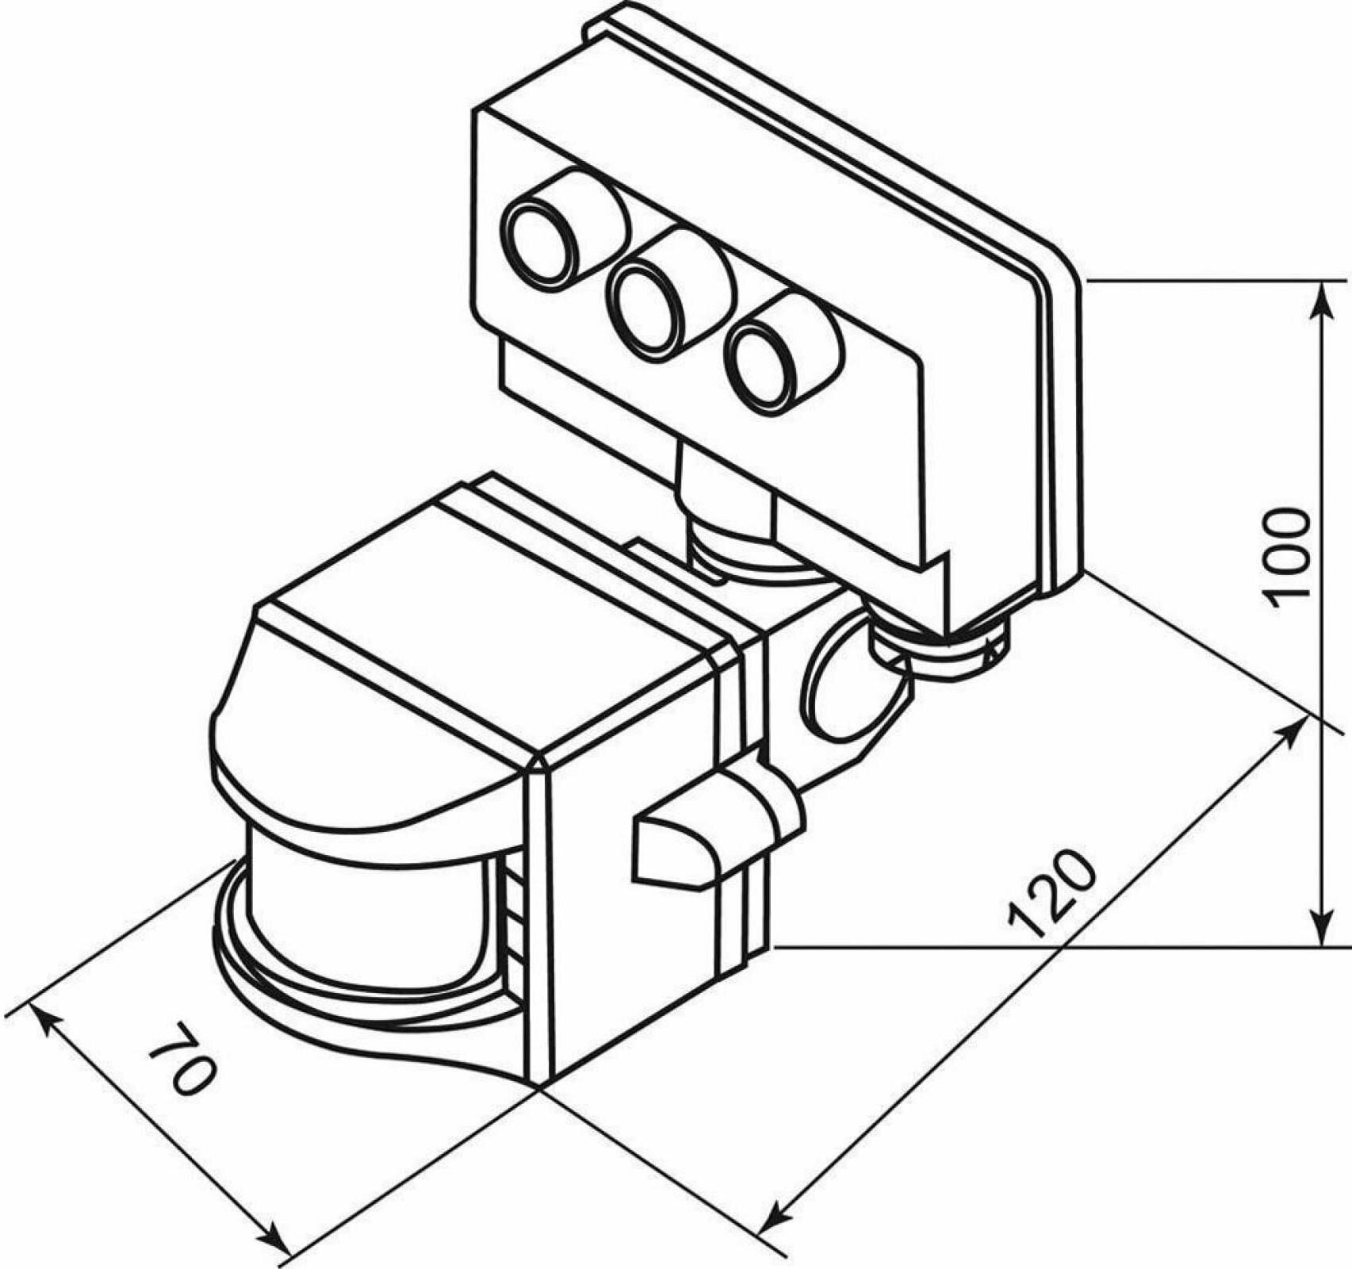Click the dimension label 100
1286,558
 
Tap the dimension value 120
1052,895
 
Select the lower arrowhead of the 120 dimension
770,1233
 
